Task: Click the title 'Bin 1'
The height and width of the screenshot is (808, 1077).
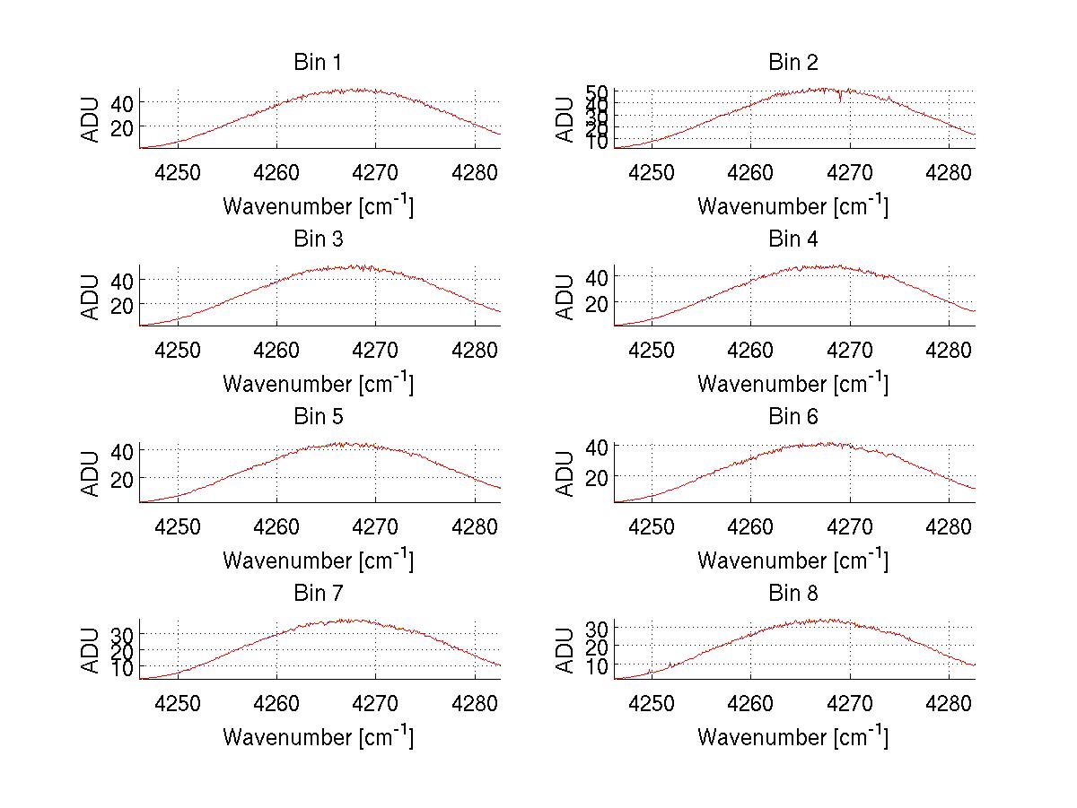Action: (318, 63)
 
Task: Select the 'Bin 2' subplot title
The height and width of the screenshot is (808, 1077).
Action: (792, 63)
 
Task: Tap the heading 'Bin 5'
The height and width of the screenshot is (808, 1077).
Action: (318, 417)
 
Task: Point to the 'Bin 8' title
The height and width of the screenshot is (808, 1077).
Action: (792, 594)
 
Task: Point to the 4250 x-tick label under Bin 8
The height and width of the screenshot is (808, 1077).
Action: (652, 702)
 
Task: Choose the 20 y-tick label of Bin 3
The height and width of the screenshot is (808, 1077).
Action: (121, 305)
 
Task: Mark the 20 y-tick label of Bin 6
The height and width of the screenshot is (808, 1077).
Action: (595, 475)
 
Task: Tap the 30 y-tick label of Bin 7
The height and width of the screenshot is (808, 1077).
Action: (121, 634)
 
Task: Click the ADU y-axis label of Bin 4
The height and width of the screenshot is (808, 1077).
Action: (565, 297)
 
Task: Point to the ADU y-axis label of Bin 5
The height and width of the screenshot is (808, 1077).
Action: (91, 474)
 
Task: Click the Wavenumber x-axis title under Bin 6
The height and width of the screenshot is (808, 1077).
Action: (792, 560)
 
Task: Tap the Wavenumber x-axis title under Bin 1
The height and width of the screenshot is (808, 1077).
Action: (318, 206)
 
